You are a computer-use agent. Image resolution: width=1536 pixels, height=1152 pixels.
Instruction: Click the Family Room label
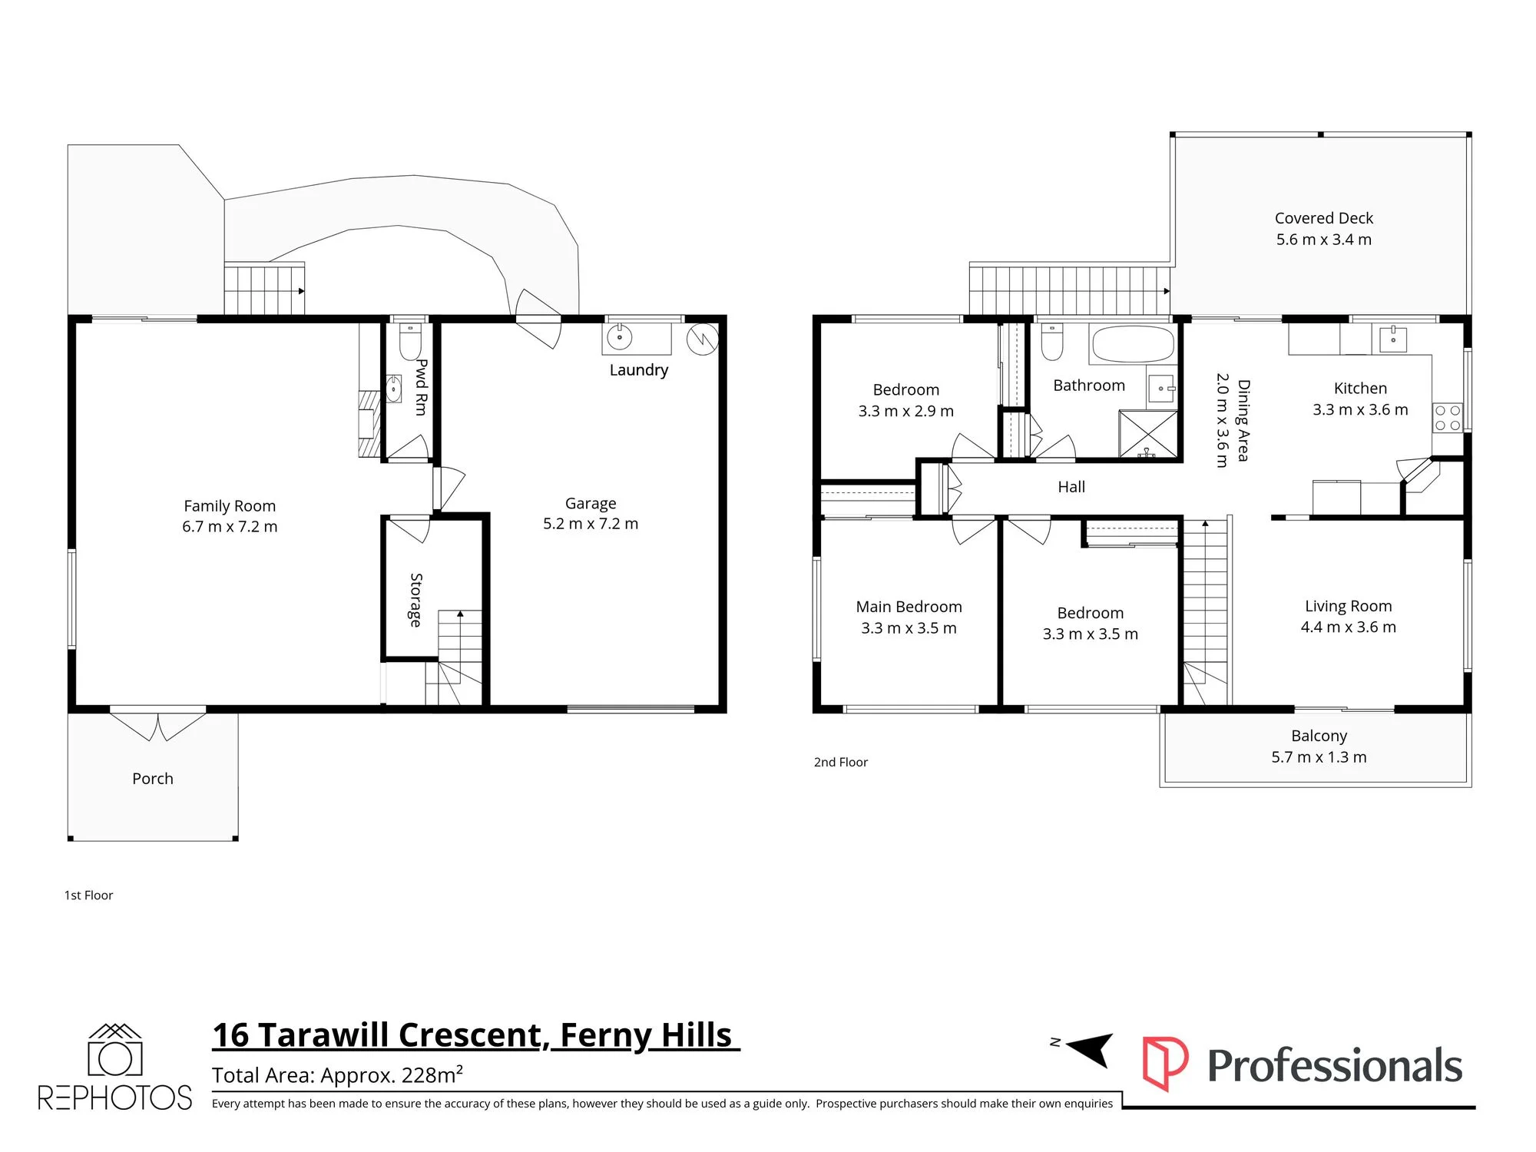tap(230, 506)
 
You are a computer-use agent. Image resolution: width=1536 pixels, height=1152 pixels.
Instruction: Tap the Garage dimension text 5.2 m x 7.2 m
tap(591, 524)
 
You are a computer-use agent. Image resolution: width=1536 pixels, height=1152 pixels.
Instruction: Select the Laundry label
tap(639, 370)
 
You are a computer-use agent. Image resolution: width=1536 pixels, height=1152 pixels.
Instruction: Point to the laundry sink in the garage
tap(620, 337)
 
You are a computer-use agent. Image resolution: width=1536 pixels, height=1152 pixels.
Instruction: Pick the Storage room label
tap(415, 600)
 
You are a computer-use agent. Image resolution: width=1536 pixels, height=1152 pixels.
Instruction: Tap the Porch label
tap(153, 779)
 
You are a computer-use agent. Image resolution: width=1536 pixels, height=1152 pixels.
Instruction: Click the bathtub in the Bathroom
tap(1133, 344)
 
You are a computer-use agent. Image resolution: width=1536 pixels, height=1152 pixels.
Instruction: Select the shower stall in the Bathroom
tap(1147, 435)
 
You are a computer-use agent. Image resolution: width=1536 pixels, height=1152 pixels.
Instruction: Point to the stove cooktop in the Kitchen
tap(1448, 418)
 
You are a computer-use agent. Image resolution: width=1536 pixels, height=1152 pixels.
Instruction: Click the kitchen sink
tap(1393, 338)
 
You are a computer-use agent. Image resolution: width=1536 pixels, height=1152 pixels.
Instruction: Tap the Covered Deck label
tap(1324, 218)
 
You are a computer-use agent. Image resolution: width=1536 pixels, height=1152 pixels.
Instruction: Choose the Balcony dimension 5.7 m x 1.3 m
tap(1319, 757)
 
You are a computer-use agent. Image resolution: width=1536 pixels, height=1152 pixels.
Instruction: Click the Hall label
tap(1071, 487)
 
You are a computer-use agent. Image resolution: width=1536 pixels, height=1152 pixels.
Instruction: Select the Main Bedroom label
tap(909, 607)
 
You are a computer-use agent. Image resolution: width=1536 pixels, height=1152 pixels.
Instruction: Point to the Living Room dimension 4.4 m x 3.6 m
tap(1349, 627)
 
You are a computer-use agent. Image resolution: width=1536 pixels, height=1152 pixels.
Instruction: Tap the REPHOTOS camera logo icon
tap(115, 1050)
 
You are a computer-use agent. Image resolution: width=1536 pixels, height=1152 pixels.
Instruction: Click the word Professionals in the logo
tap(1335, 1066)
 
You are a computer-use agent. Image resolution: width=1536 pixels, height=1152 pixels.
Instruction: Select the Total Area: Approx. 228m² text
tap(337, 1074)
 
